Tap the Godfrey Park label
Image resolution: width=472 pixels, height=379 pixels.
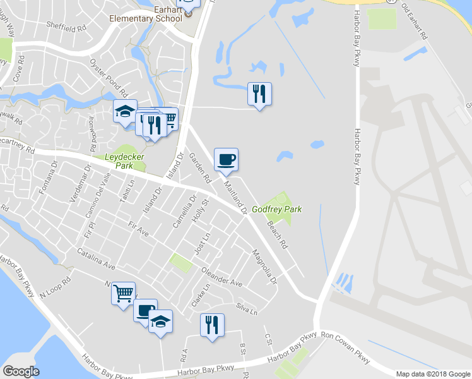[277, 209]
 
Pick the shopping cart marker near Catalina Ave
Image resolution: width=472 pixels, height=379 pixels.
[123, 293]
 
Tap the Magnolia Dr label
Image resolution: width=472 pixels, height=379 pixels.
[264, 266]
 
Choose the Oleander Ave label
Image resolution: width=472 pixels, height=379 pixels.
[221, 278]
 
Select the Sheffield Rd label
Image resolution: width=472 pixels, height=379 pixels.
[66, 28]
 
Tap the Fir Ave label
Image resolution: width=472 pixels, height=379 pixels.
[138, 229]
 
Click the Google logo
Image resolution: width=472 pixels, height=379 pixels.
[21, 371]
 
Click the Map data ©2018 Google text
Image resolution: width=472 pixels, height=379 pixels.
[432, 374]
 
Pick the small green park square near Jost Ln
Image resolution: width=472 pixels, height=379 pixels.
[180, 263]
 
